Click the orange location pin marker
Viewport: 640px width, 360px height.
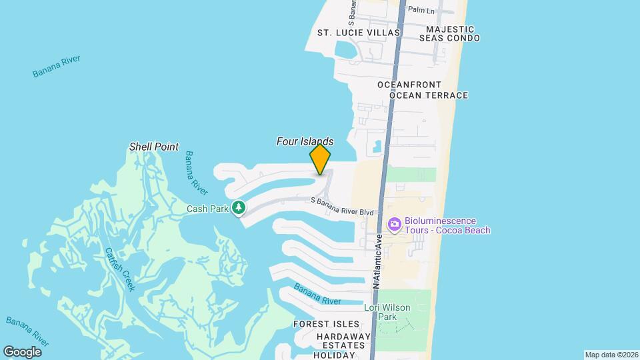pos(320,159)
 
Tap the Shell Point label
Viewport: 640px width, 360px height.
pos(154,147)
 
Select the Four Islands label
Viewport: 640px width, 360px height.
pos(305,141)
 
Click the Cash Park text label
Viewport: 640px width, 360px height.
pos(207,209)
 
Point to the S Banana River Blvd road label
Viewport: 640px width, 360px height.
pos(342,206)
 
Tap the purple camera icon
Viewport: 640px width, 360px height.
pos(394,223)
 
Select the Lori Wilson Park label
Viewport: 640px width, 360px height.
pos(387,312)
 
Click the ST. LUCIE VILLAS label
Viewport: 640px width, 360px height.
pos(358,33)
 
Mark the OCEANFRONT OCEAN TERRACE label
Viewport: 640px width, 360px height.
pos(423,90)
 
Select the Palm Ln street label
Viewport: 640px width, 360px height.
pos(421,10)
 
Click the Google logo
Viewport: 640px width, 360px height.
pos(22,351)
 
